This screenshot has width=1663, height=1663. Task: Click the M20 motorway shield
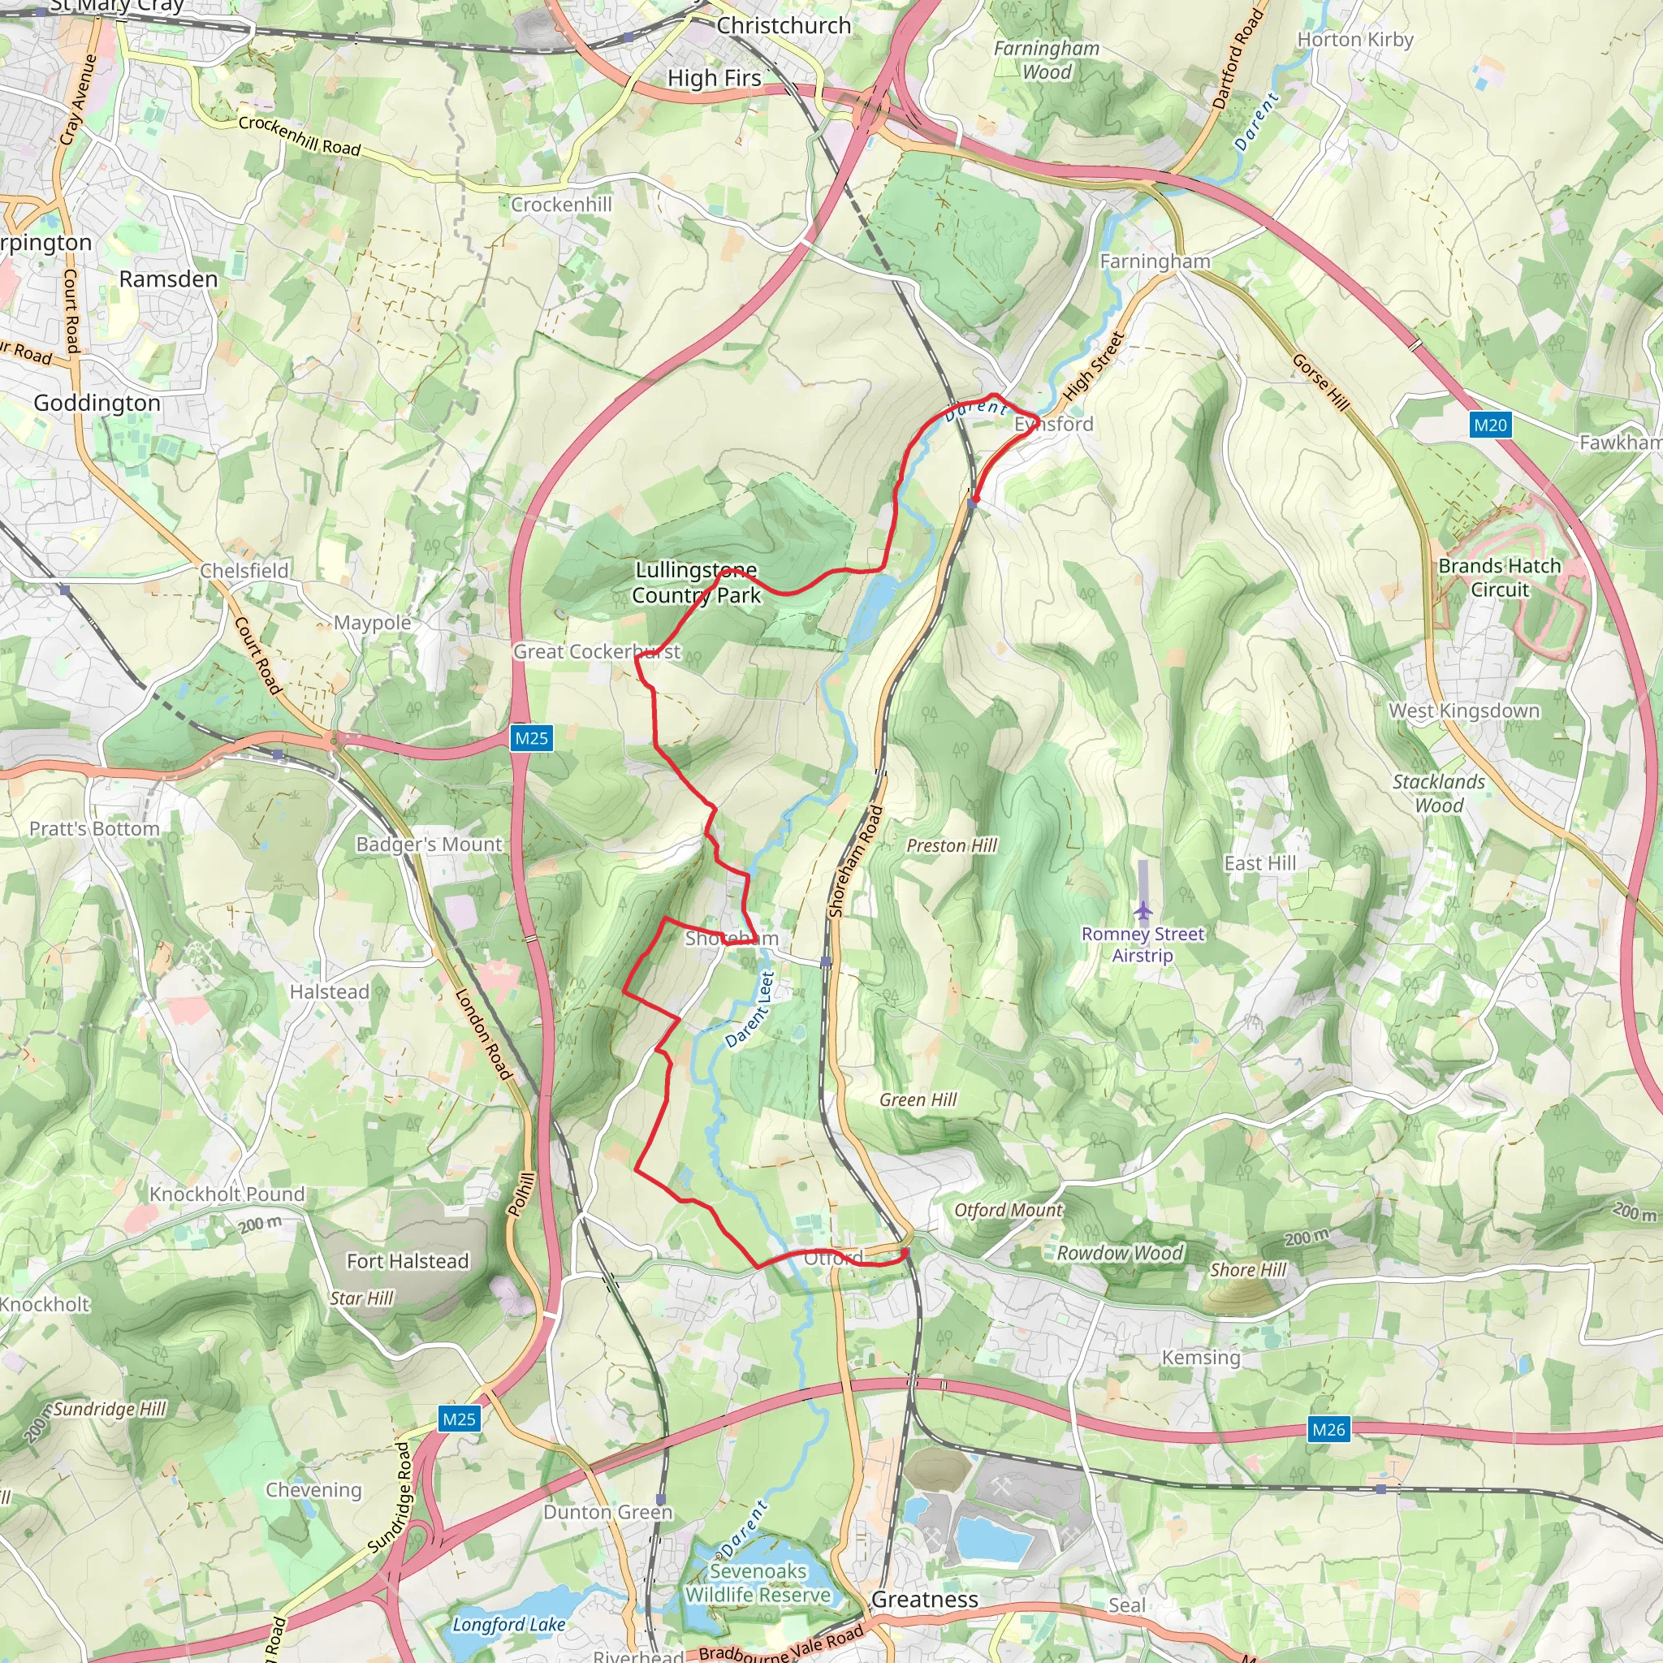[x=1490, y=425]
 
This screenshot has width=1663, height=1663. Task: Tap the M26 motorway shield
[x=1328, y=1430]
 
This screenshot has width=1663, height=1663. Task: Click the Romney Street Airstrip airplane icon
[x=1143, y=909]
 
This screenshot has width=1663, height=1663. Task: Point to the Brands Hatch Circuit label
[x=1500, y=577]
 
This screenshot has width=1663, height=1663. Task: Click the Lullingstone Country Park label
[x=697, y=583]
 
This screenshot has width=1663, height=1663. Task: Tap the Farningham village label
[x=1155, y=261]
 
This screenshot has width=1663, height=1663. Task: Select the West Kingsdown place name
[x=1464, y=711]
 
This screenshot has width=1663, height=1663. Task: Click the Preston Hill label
[x=951, y=845]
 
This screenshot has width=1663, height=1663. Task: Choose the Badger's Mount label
[x=429, y=844]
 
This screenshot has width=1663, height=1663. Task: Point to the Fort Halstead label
[x=407, y=1261]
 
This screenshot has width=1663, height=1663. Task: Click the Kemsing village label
[x=1201, y=1358]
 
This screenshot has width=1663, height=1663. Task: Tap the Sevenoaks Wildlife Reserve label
[x=758, y=1583]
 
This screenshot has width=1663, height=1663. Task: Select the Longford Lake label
[x=508, y=1624]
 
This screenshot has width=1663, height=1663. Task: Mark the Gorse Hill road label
[x=1320, y=382]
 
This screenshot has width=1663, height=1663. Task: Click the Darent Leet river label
[x=749, y=1009]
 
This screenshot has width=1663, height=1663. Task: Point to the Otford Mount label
[x=1008, y=1210]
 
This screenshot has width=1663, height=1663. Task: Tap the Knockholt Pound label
[x=227, y=1194]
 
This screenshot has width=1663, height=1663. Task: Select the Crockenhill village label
[x=561, y=205]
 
